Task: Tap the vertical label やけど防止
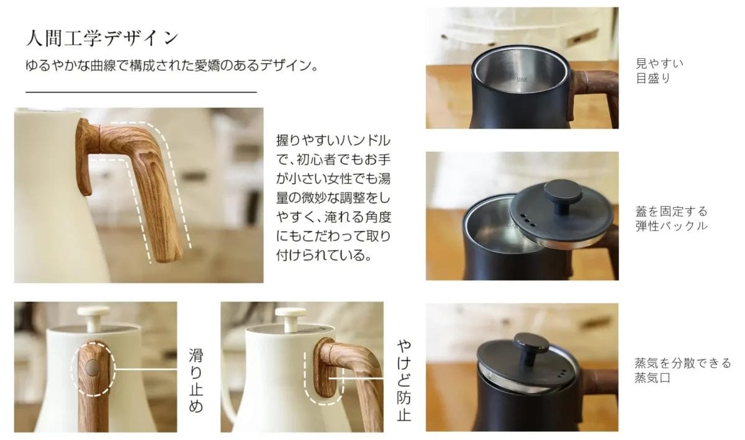(404, 380)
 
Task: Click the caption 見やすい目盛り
(659, 71)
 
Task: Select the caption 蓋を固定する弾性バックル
(671, 219)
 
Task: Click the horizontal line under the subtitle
(141, 92)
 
